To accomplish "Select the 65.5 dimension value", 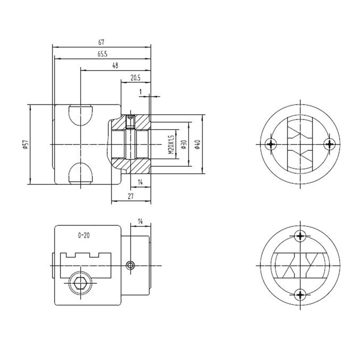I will (101, 54).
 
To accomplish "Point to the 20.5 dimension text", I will (135, 77).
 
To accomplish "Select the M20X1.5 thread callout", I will (171, 144).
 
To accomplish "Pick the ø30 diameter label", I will (184, 144).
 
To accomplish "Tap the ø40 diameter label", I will (197, 144).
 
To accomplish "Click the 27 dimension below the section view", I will (130, 196).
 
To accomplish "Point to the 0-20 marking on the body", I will (85, 235).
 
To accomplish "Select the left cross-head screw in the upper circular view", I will (270, 144).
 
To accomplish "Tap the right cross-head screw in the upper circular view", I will (330, 144).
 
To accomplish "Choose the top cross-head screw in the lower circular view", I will (301, 235).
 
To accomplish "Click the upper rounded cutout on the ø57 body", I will (81, 115).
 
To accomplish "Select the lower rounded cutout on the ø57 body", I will (81, 173).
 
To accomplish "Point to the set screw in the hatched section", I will (131, 120).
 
